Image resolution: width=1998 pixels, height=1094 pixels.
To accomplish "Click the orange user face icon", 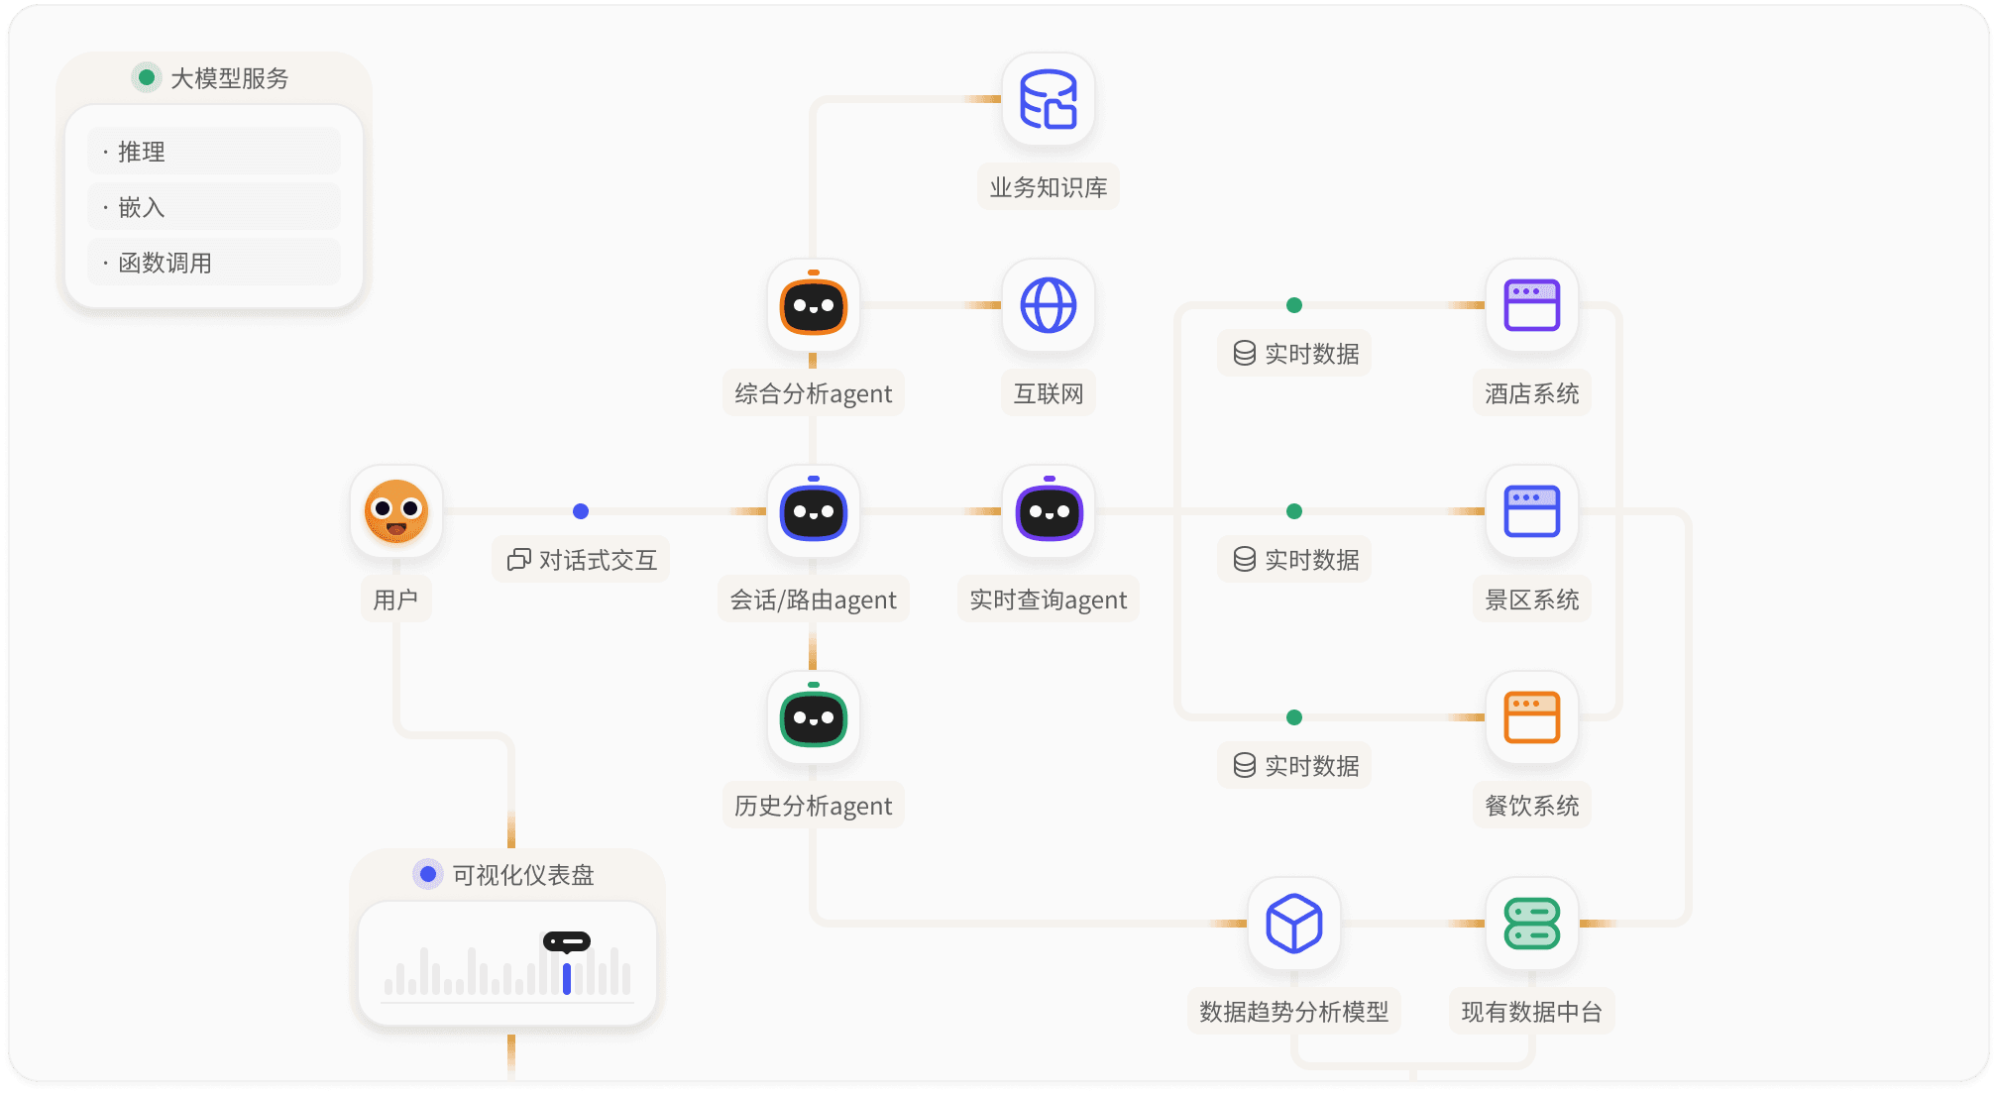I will pos(396,511).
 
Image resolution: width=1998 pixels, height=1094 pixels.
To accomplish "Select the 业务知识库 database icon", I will pos(1049,99).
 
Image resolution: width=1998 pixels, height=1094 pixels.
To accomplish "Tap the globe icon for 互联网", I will pos(1049,305).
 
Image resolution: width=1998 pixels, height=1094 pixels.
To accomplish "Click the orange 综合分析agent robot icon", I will pos(813,306).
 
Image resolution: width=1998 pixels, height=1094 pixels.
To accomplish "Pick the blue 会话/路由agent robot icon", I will pos(813,512).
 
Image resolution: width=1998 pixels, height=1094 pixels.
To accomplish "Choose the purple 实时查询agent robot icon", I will pos(1049,512).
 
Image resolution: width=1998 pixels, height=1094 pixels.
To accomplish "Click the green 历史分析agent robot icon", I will pos(813,718).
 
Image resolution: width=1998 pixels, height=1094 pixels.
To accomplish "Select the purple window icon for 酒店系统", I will pos(1532,305).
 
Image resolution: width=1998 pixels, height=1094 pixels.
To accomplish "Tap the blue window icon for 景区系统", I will pos(1532,511).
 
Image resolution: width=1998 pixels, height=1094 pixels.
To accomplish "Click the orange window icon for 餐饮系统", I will pos(1532,717).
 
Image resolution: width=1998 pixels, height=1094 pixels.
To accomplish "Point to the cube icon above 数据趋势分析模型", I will pos(1294,924).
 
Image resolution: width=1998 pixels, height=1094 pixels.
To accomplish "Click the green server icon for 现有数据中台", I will pos(1532,924).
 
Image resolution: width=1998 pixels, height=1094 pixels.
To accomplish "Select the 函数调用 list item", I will pos(214,263).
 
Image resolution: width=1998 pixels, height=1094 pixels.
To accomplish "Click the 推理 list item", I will pos(214,152).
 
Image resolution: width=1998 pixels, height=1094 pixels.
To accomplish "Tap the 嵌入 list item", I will pos(214,207).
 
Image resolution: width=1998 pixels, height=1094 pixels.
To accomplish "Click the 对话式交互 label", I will pos(582,560).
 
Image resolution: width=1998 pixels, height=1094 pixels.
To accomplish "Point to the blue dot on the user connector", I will pos(581,511).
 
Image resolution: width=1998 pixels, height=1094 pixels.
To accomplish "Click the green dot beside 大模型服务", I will pos(147,77).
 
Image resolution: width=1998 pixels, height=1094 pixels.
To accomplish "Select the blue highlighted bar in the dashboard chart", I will pos(567,978).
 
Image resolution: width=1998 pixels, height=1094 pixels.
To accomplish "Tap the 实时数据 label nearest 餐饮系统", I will pos(1295,766).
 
